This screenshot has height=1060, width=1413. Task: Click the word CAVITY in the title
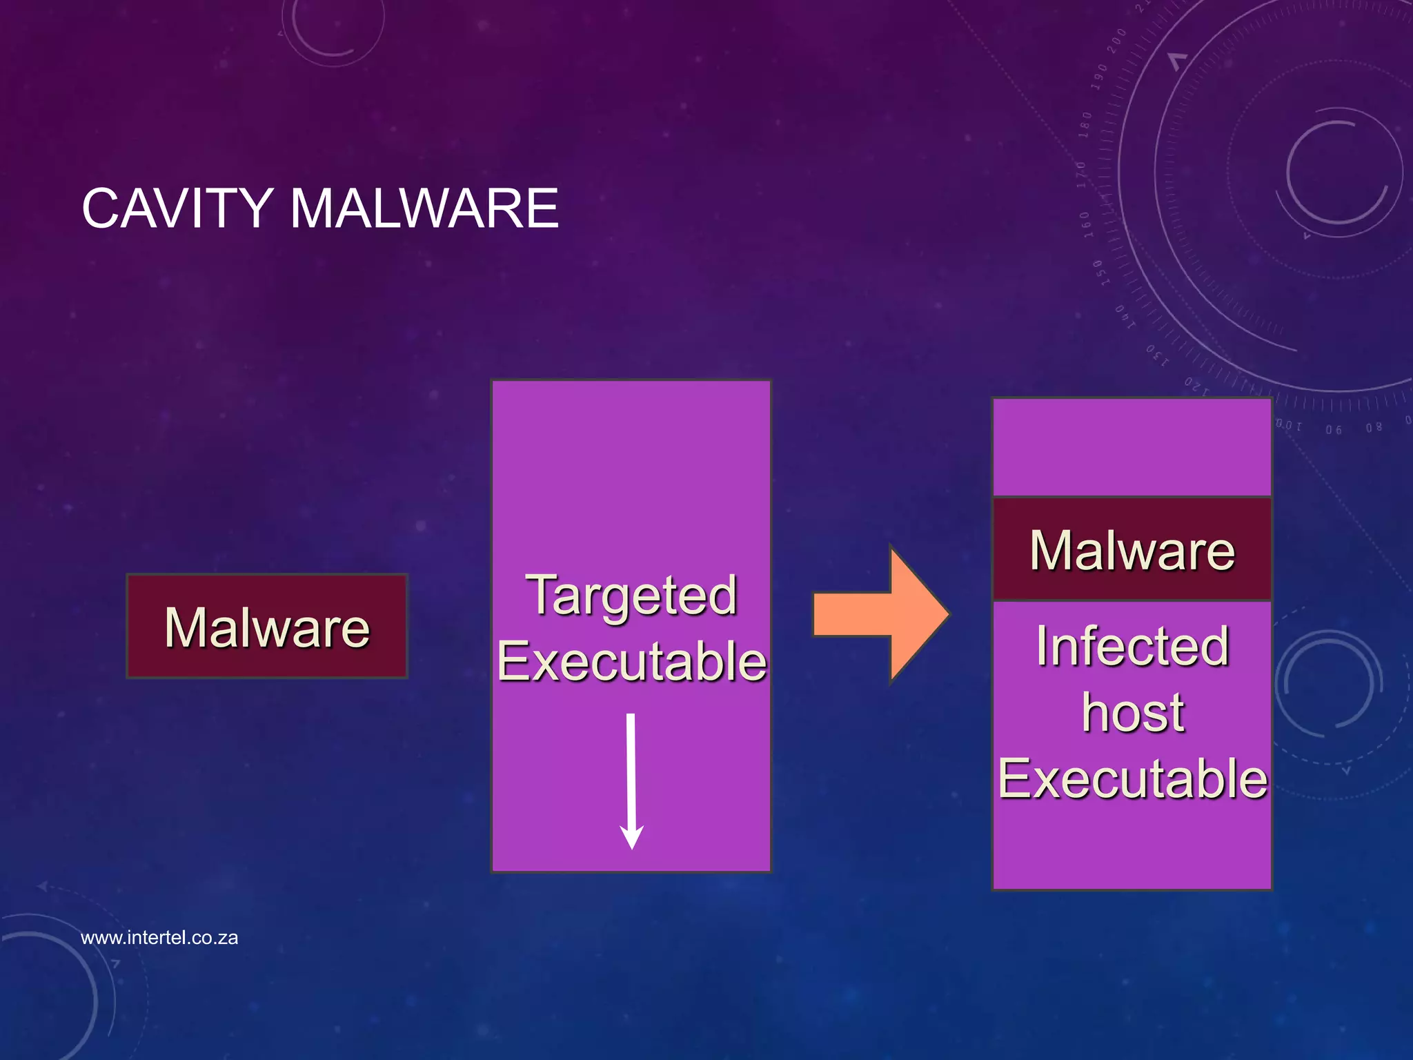[177, 208]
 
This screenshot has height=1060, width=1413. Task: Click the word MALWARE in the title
[424, 208]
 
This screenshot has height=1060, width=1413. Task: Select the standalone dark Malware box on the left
[267, 627]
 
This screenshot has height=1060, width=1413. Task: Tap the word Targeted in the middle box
[631, 596]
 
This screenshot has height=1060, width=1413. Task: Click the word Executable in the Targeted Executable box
[631, 661]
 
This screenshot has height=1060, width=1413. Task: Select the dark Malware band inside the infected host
[1132, 550]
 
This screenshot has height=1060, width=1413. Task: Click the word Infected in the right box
[1132, 647]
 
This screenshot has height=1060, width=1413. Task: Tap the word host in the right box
[1132, 712]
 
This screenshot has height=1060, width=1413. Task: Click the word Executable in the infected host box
[1132, 778]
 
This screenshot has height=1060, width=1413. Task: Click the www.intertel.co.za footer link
[159, 938]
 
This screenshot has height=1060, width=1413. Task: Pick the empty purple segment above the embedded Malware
[1132, 447]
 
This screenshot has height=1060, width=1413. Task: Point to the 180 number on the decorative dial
[1086, 125]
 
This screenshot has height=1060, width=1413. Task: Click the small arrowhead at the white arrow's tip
[631, 838]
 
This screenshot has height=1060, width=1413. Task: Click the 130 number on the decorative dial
[1157, 355]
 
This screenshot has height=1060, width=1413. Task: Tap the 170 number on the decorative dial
[1081, 175]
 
